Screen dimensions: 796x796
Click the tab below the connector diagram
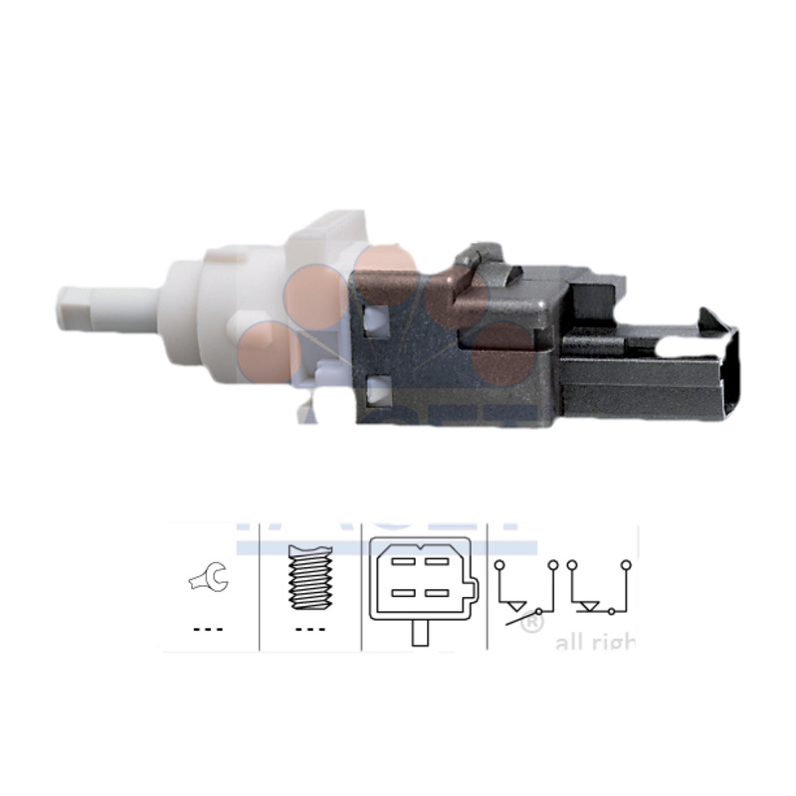pos(422,632)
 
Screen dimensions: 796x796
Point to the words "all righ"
pos(594,643)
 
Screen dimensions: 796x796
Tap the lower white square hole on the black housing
pos(375,390)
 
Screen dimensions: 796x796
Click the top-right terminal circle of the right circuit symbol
pos(626,566)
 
